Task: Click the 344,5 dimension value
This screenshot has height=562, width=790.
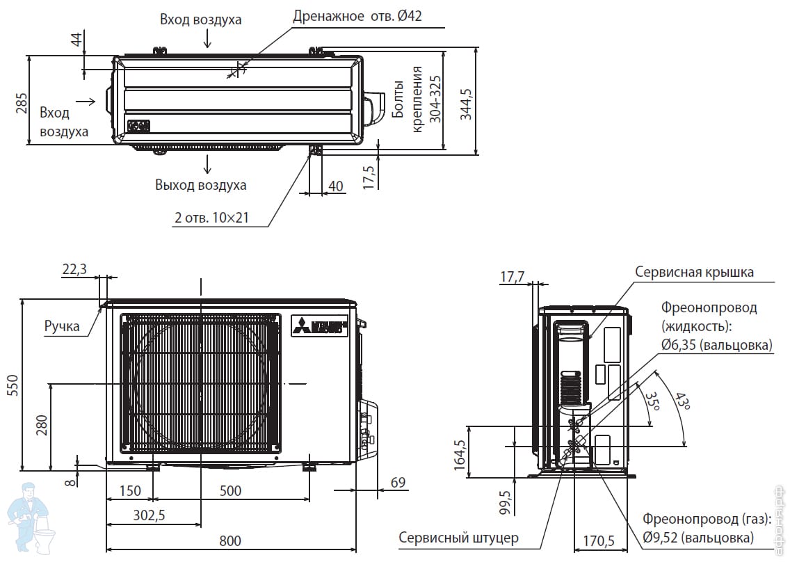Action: coord(466,104)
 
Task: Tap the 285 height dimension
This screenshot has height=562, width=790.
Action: coord(22,103)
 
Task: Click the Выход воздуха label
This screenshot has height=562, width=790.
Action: coord(201,185)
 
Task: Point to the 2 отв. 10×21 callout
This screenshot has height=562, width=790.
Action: coord(211,218)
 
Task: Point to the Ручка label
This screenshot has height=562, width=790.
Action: coord(62,326)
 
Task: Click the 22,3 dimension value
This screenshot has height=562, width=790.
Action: coord(74,269)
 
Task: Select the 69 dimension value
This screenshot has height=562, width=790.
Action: coord(398,482)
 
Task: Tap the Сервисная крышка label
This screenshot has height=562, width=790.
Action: coord(694,272)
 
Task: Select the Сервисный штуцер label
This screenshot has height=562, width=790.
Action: coord(458,538)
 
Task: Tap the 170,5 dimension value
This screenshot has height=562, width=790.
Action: coord(598,540)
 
